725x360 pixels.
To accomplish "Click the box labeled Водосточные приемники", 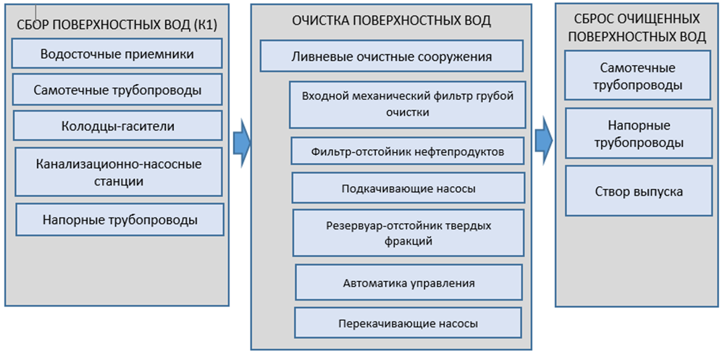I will (x=117, y=54).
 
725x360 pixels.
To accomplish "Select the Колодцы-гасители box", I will (x=117, y=126).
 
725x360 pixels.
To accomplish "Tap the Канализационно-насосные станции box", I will (x=119, y=172).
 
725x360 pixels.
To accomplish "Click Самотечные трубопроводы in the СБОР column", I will (x=117, y=91).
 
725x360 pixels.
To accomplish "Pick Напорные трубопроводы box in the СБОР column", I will (x=120, y=219).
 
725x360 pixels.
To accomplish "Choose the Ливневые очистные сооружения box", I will (x=391, y=56).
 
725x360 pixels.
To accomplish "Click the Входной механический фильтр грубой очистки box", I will (x=407, y=104).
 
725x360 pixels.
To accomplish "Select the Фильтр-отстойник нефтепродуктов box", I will (x=407, y=152).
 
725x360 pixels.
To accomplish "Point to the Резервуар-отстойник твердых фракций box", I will (x=408, y=233).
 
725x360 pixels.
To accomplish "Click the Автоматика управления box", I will (x=408, y=282).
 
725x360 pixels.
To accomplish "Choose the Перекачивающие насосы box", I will (x=408, y=323).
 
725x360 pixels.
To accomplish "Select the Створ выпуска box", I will (x=638, y=191).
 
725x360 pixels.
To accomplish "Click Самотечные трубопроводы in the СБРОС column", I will (x=638, y=76).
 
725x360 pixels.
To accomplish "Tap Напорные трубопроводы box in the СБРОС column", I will (x=638, y=134).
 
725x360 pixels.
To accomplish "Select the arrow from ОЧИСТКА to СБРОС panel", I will (x=543, y=137).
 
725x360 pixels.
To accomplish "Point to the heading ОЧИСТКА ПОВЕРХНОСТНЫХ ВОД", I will (x=391, y=21).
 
